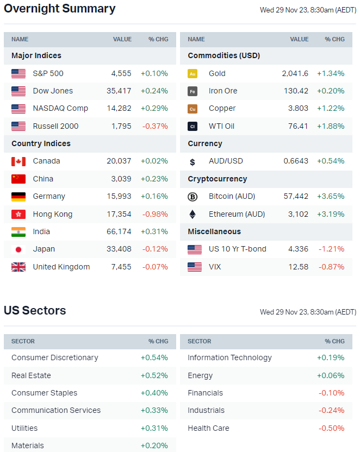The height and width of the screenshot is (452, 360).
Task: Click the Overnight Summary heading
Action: point(59,9)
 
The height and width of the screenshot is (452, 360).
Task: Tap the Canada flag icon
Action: point(18,161)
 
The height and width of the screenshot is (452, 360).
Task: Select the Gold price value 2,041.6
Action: point(295,73)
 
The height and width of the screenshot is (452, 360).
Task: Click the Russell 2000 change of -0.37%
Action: point(155,126)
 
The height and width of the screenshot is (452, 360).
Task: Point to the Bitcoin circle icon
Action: point(193,197)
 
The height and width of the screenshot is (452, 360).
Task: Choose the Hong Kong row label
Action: point(52,214)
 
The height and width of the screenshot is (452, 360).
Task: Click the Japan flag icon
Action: point(18,249)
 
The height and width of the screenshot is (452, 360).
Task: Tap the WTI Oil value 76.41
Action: point(298,126)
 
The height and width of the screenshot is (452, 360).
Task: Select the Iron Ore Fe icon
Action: point(193,91)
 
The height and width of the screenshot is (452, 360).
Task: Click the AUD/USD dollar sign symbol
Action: point(193,161)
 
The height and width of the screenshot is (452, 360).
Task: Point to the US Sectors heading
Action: point(35,311)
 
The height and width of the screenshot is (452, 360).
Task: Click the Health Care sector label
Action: point(208,428)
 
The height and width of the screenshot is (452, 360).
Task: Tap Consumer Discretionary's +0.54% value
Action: point(154,357)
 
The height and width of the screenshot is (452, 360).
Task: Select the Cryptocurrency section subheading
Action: point(217,179)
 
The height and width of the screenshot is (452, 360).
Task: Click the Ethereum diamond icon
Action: point(193,214)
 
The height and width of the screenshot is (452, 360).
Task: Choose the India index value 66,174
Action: point(119,231)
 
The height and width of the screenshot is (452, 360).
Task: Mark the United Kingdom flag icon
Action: point(18,267)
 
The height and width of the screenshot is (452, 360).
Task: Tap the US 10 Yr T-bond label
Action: point(238,249)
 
